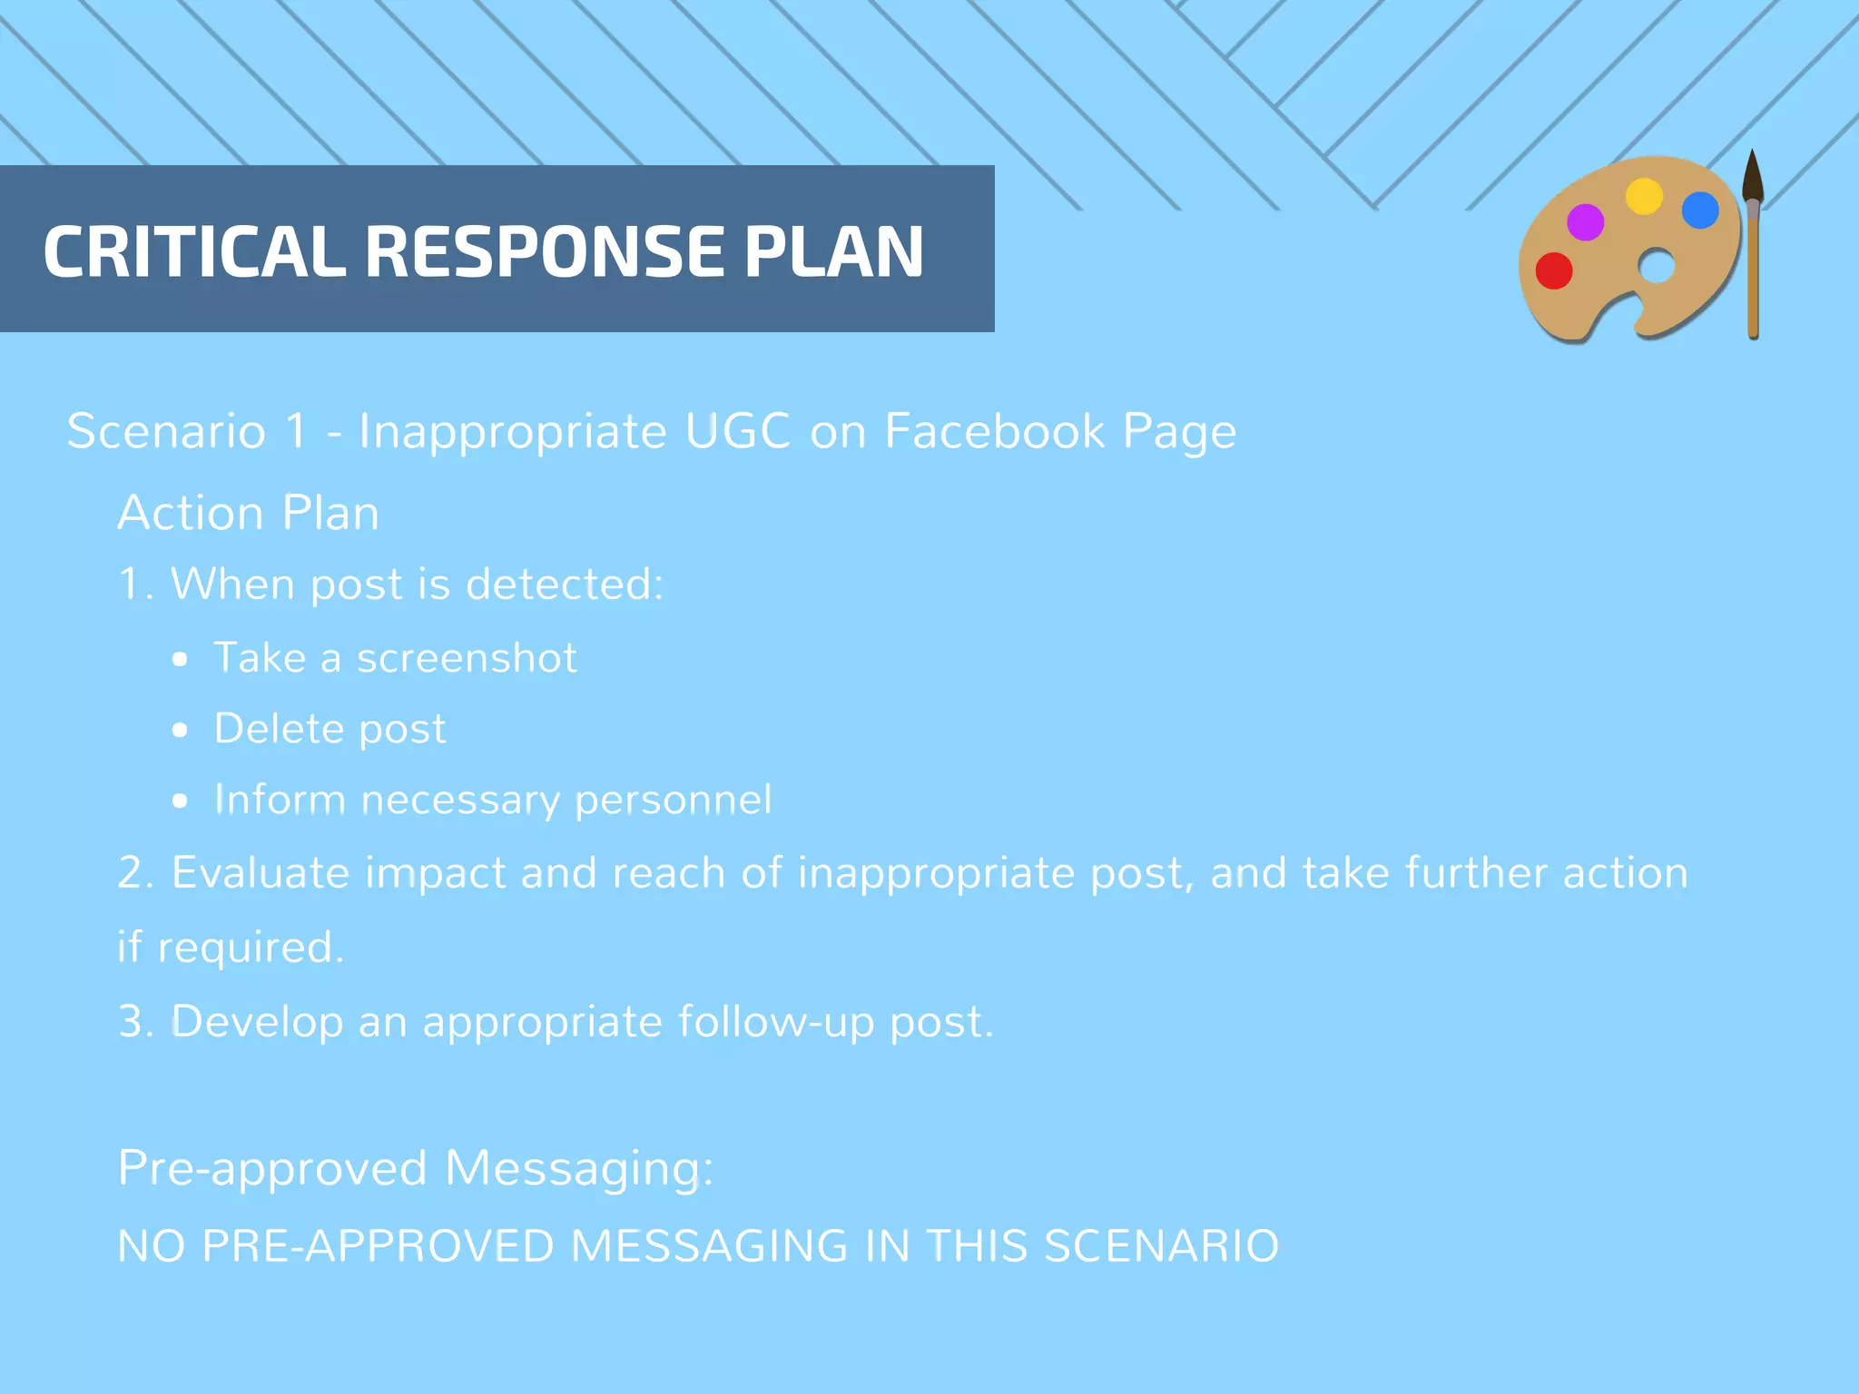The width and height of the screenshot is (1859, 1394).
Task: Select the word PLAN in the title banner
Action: pos(833,251)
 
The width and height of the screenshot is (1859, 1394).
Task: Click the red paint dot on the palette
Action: pos(1554,270)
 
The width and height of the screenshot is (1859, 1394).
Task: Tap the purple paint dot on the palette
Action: pos(1585,221)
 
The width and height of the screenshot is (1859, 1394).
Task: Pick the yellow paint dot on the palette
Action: pos(1644,196)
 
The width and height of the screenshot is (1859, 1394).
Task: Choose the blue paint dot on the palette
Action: pos(1700,211)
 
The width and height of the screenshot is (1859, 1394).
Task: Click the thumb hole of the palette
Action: pos(1657,267)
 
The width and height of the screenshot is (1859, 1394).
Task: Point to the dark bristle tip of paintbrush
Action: pos(1753,177)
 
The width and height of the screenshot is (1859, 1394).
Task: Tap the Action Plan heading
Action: pos(249,513)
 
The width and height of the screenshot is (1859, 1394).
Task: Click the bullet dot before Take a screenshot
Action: pos(181,659)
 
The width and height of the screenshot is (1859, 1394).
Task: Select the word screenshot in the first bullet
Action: pos(467,658)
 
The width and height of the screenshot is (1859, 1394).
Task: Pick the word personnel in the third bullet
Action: pos(673,800)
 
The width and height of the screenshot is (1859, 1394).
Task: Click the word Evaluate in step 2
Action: pos(261,873)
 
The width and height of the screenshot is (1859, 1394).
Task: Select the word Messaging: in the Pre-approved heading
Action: pos(579,1168)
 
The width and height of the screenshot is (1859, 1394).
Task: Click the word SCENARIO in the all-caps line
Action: pos(1161,1246)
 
